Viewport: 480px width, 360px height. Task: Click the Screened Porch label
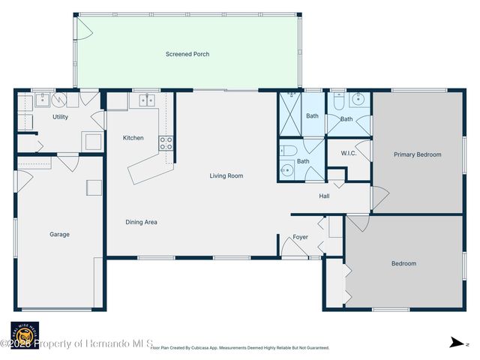187,54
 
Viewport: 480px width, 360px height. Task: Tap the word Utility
61,117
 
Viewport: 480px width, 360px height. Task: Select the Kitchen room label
133,138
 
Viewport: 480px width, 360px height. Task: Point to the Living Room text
226,175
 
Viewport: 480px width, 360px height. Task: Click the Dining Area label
141,222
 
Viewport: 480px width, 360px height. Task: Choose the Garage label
59,234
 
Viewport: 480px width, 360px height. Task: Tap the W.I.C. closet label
348,154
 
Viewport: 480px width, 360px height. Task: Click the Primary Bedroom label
417,154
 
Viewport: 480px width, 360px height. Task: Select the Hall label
324,196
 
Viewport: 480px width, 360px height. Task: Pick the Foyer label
300,237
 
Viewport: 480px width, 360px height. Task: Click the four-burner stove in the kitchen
166,142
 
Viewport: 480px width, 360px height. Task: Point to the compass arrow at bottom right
455,343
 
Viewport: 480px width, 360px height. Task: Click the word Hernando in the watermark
114,343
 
